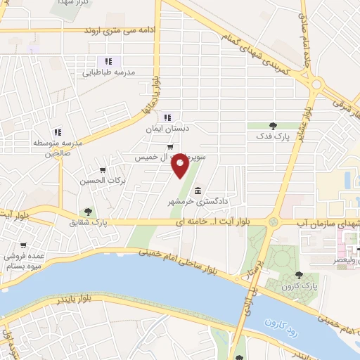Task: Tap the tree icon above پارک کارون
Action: coord(300,275)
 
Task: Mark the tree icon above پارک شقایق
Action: coord(87,211)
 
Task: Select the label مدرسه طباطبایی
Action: coord(108,72)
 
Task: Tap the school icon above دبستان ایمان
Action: coord(167,117)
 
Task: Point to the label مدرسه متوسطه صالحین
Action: coord(58,143)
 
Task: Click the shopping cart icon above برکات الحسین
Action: coord(103,169)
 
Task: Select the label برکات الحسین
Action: coord(103,181)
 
